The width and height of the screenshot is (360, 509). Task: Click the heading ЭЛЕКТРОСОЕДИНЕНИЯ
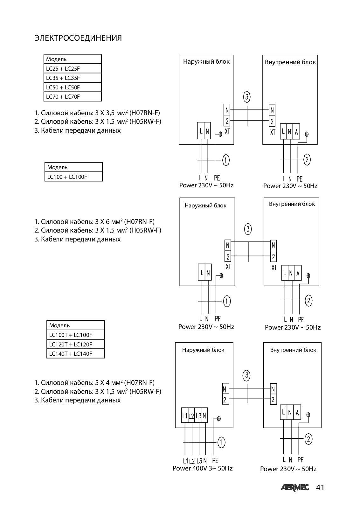(x=78, y=38)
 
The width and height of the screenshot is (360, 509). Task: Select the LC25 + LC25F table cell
(x=73, y=68)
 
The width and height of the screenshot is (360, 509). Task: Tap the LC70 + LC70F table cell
(x=73, y=97)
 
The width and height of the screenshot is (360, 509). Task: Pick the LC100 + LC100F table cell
(x=73, y=177)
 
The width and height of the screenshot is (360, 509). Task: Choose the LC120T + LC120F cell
(x=76, y=344)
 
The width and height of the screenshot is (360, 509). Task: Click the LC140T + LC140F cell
(x=76, y=353)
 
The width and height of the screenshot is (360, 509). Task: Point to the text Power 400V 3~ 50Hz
(x=203, y=468)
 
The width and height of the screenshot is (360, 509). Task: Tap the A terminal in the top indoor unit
(x=296, y=131)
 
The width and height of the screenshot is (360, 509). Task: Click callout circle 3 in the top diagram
(x=247, y=97)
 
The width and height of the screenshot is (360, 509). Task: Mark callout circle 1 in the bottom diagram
(x=221, y=443)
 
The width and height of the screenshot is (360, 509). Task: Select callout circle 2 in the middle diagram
(x=308, y=301)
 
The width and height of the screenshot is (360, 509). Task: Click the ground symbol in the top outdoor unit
(x=220, y=134)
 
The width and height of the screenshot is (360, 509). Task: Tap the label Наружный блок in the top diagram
(x=206, y=62)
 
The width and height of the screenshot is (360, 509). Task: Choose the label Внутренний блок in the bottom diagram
(x=293, y=350)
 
